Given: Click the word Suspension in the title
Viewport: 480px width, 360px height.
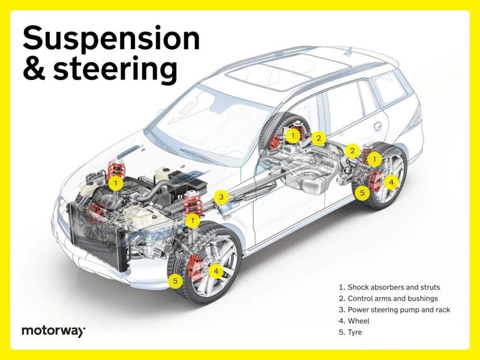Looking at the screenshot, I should (x=111, y=39).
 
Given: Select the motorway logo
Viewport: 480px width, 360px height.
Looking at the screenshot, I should (x=53, y=331).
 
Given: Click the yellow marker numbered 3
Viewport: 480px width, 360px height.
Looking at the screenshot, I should (x=222, y=197).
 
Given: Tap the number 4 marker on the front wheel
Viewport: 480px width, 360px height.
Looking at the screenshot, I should (x=216, y=271).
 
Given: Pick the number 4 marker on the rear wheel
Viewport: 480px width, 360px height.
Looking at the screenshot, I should (x=391, y=182).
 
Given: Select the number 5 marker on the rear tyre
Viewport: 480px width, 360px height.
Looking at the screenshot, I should (x=361, y=192).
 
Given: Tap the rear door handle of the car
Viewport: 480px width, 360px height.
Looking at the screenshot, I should (x=377, y=126).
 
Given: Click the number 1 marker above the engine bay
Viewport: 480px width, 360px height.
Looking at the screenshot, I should (x=115, y=183).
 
